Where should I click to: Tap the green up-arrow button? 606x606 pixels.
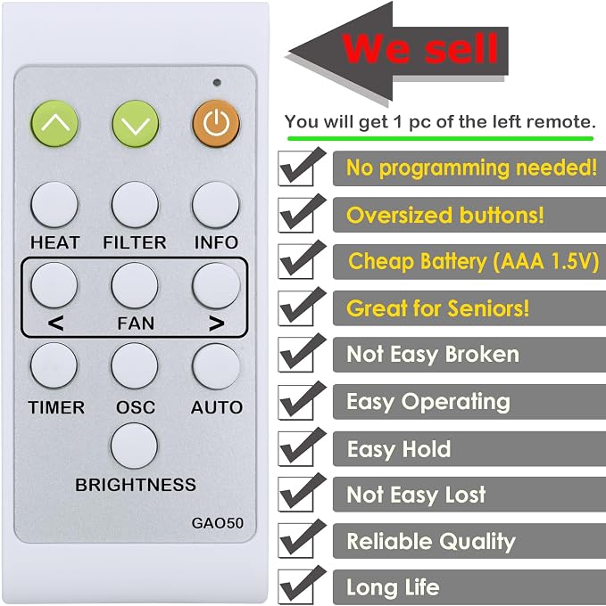tap(54, 123)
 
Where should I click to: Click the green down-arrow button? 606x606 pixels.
tap(136, 123)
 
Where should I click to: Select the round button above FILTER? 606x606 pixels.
tap(135, 204)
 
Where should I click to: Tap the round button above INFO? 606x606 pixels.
tap(216, 204)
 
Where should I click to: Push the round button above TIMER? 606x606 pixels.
tap(54, 365)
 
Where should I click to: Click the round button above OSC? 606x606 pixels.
tap(135, 365)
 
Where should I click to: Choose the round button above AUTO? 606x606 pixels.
tap(216, 365)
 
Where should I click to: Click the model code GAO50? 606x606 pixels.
tap(218, 523)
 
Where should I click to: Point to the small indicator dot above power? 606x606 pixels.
tap(217, 82)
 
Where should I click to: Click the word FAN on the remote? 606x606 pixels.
tap(136, 323)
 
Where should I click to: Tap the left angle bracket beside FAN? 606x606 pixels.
tap(55, 323)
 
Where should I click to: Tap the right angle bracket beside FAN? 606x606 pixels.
tap(217, 323)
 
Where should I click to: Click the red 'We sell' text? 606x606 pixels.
tap(420, 48)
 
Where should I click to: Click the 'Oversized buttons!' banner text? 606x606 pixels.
tap(445, 215)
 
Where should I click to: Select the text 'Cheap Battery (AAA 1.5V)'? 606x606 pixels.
tap(473, 261)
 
